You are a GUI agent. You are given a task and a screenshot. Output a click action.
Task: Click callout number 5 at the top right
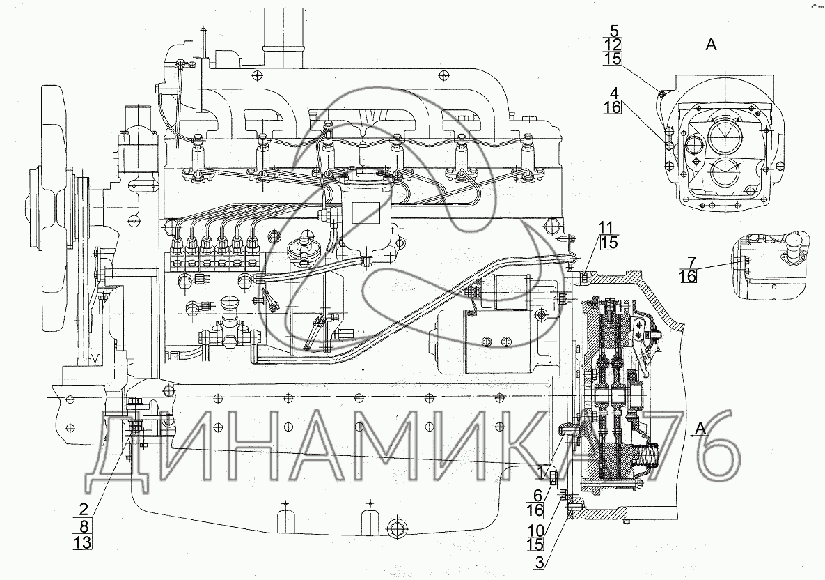613,31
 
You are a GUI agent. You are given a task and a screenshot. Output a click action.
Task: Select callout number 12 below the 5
613,45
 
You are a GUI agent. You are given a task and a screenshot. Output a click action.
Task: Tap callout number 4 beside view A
613,93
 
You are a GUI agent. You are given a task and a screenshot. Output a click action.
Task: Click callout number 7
691,262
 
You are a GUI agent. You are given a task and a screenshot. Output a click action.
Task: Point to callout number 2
83,507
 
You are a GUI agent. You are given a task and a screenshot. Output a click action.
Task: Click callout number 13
83,541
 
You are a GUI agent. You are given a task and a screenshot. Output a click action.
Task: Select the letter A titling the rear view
711,45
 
